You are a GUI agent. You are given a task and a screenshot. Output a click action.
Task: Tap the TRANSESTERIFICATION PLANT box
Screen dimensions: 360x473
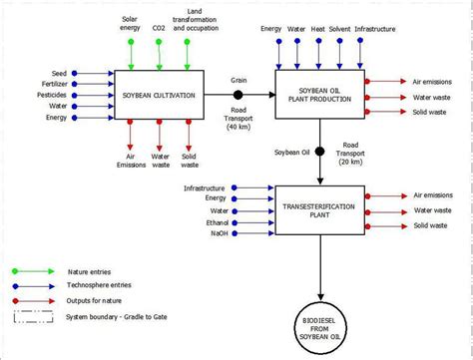coord(318,209)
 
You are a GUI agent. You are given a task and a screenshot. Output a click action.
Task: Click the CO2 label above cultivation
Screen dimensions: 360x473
coord(160,29)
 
